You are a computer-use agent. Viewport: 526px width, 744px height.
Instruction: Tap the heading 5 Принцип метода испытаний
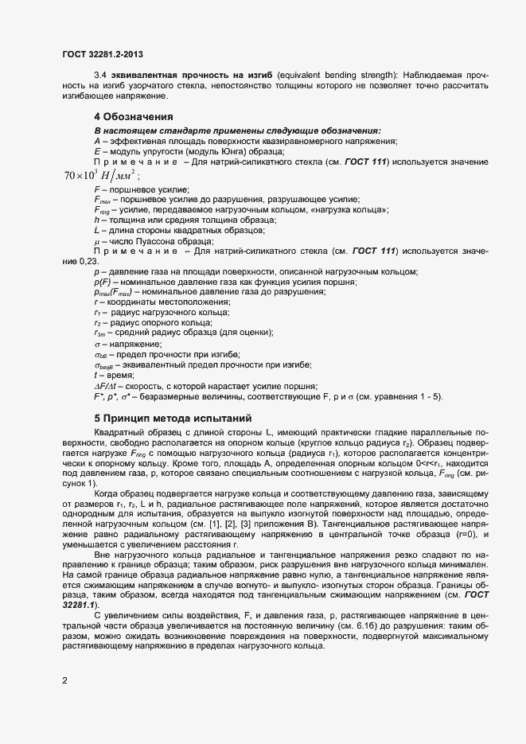(x=173, y=417)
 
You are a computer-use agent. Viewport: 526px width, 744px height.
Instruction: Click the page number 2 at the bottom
(x=64, y=681)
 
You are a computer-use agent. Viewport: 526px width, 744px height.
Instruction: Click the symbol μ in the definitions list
(x=96, y=240)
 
